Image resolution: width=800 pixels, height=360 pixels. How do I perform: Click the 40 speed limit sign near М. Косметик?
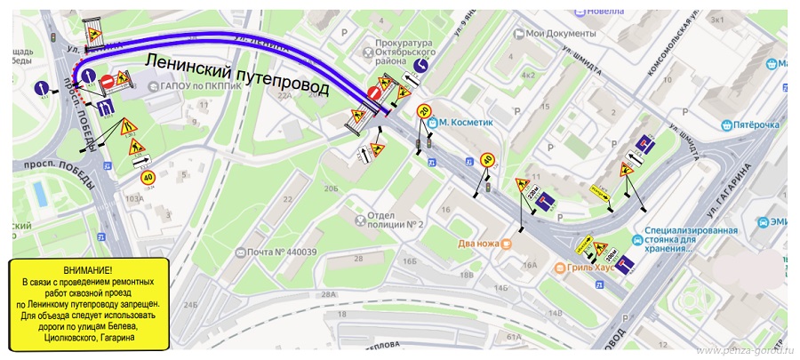487,160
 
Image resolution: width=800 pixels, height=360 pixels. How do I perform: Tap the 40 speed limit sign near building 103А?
148,177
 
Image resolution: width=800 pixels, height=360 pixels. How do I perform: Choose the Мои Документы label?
558,34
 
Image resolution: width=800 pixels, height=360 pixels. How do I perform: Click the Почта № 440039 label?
282,252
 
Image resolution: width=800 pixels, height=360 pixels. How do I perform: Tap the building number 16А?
531,264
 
